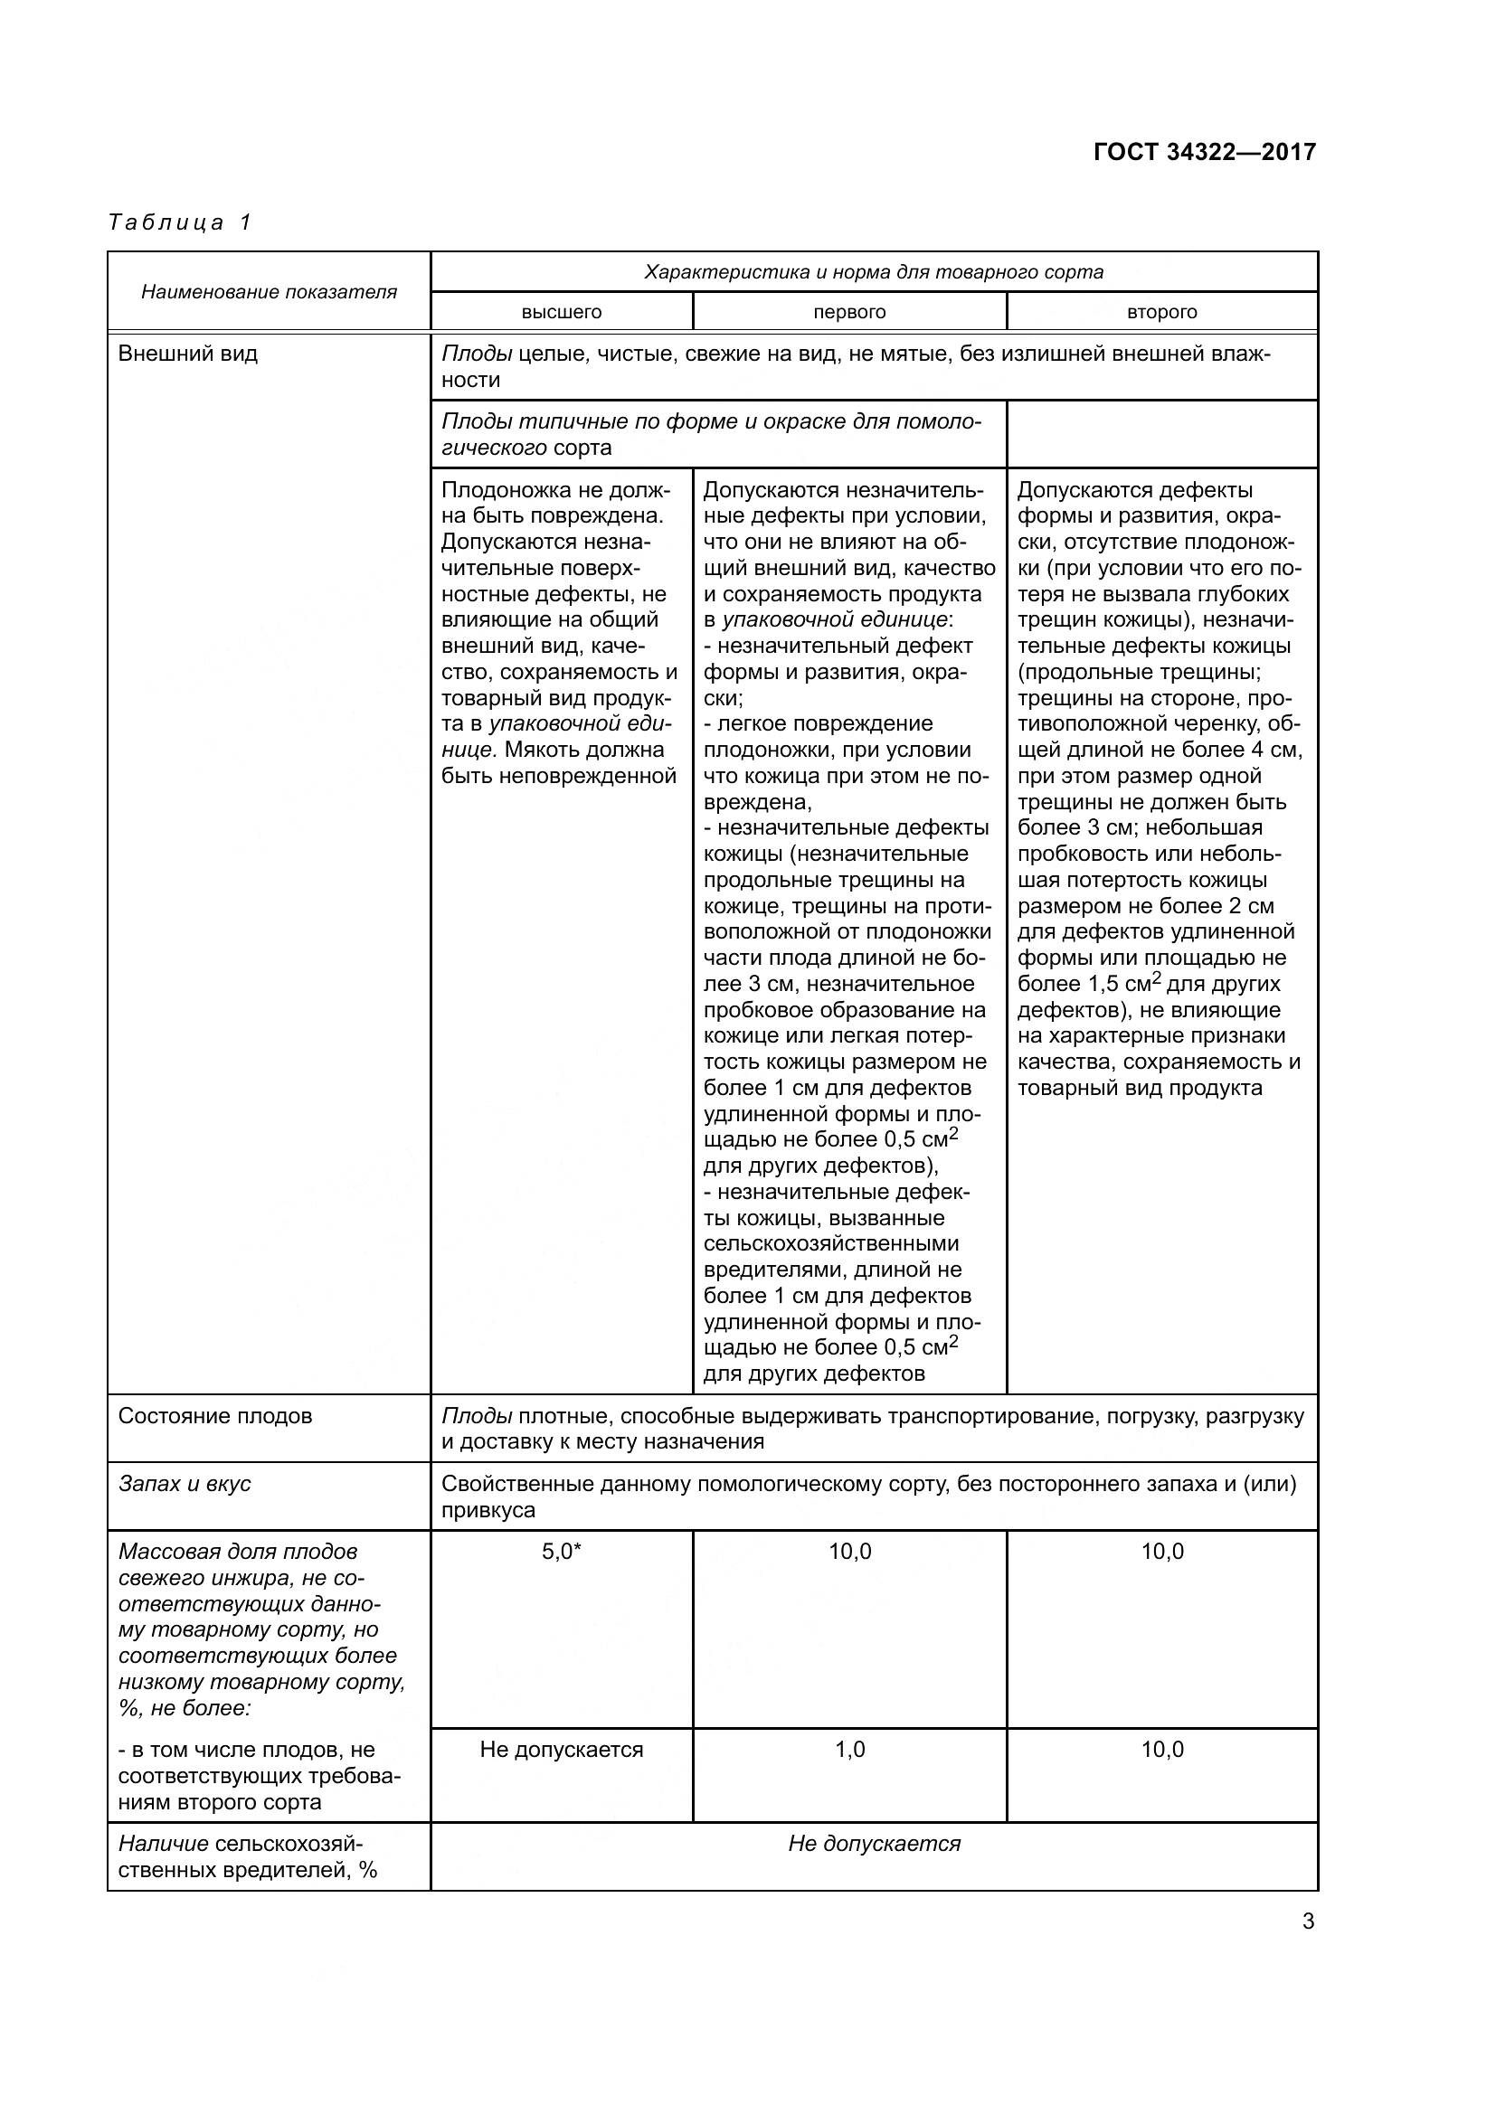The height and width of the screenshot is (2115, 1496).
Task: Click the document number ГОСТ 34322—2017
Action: click(x=1204, y=152)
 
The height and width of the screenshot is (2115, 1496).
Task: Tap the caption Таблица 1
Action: click(x=181, y=223)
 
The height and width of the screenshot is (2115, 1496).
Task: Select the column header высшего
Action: click(x=561, y=312)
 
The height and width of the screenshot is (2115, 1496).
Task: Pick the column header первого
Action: click(x=849, y=312)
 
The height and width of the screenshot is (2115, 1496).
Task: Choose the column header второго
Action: click(x=1161, y=312)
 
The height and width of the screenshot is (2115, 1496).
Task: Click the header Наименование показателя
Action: click(x=269, y=292)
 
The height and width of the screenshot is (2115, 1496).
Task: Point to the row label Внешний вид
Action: click(x=188, y=354)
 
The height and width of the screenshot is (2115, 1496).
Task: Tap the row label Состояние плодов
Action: click(x=214, y=1416)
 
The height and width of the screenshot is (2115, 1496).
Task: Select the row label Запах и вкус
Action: click(x=185, y=1484)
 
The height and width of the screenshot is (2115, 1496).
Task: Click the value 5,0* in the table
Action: click(x=561, y=1553)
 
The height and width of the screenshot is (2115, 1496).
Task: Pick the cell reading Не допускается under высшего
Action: click(x=561, y=1751)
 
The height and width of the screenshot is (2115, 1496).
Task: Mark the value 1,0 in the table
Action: click(x=849, y=1751)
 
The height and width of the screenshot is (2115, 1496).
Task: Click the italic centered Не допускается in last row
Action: click(x=875, y=1844)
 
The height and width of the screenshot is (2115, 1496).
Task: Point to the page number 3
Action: click(x=1308, y=1922)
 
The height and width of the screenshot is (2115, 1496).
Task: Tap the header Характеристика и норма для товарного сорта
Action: click(x=874, y=273)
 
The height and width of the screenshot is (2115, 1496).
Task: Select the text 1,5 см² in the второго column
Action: click(x=1120, y=984)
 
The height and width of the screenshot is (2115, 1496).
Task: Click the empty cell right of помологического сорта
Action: click(x=1161, y=434)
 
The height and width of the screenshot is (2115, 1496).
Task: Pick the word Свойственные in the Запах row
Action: click(x=508, y=1484)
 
